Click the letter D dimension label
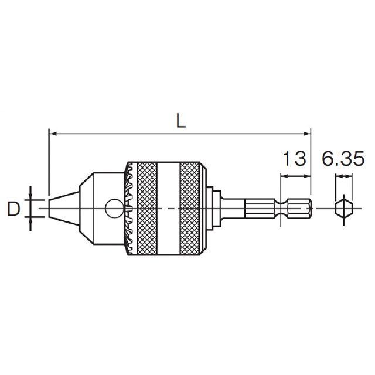[13, 209]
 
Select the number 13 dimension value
[295, 158]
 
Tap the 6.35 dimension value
[343, 158]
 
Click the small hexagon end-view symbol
[344, 209]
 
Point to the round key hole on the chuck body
[114, 209]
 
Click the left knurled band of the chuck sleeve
[147, 209]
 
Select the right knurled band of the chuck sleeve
[190, 209]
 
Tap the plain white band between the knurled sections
[168, 209]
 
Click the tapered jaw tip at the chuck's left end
[64, 209]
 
